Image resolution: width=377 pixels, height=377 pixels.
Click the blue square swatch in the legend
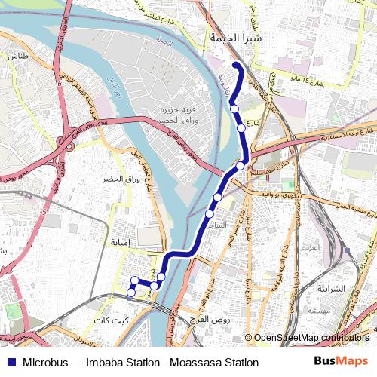coord(11,363)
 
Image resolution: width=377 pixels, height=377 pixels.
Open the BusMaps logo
coord(342,362)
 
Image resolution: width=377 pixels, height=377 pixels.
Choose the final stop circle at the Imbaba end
coord(130,292)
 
